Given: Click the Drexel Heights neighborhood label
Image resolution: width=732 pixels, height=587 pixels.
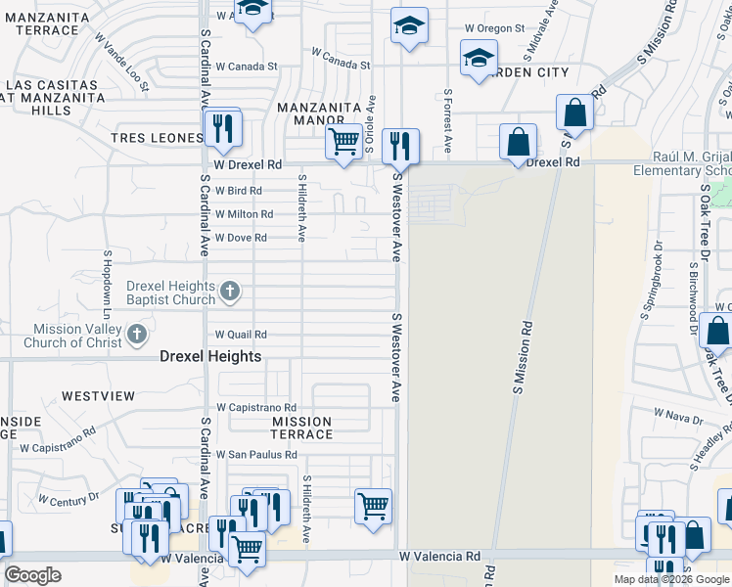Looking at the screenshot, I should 210,357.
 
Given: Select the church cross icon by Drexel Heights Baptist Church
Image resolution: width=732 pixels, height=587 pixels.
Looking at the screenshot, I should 230,291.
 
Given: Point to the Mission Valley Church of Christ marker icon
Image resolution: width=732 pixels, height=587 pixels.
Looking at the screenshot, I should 135,337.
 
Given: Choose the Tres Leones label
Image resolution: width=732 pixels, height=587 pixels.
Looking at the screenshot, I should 156,138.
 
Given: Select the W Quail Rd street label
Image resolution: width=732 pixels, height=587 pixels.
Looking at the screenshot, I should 241,335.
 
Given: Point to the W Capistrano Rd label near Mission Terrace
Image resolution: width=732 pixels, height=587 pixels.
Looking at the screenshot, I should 256,407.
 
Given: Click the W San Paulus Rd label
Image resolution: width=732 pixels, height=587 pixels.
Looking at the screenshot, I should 256,455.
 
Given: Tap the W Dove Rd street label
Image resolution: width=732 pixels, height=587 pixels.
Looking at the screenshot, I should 241,238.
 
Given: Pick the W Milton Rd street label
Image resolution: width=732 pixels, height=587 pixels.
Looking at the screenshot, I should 244,214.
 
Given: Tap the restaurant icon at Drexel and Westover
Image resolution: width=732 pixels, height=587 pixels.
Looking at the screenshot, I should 400,146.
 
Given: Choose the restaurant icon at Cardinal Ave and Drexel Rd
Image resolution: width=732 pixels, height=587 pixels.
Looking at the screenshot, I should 223,127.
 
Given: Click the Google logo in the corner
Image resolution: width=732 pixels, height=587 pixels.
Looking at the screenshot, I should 33,575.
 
